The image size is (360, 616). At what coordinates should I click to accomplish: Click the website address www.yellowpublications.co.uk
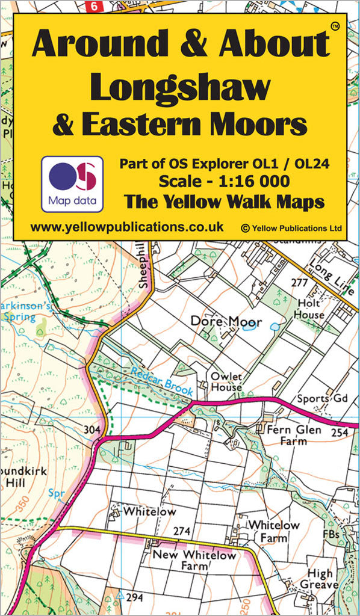[127, 227]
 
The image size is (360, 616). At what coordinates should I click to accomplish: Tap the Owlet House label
[226, 382]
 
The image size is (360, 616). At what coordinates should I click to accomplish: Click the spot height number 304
[92, 430]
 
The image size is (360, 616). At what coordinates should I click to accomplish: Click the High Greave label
[320, 580]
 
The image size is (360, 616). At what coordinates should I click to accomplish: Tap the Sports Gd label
[322, 398]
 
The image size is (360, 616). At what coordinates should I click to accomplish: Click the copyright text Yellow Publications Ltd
[291, 228]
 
